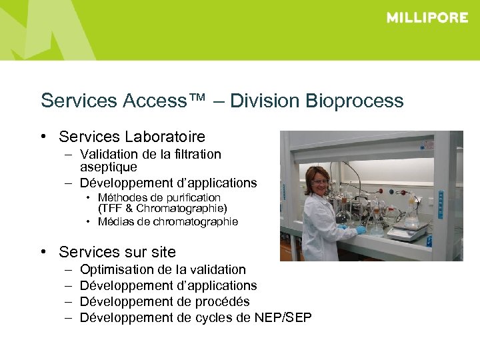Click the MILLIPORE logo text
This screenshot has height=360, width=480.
(x=427, y=18)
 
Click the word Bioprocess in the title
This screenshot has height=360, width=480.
(x=355, y=101)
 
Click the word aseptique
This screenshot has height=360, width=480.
(x=108, y=167)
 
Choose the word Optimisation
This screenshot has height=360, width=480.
(x=117, y=269)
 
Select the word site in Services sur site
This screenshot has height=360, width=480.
(x=163, y=252)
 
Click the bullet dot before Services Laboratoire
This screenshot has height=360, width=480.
(x=43, y=137)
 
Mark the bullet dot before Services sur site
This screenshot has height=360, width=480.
(x=43, y=252)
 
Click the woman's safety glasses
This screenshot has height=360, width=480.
(x=321, y=181)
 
